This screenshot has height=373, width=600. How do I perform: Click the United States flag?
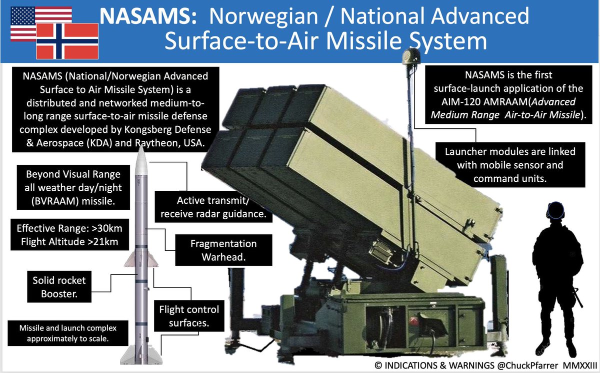pos(25,20)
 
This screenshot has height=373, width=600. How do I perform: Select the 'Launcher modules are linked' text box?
pos(510,164)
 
